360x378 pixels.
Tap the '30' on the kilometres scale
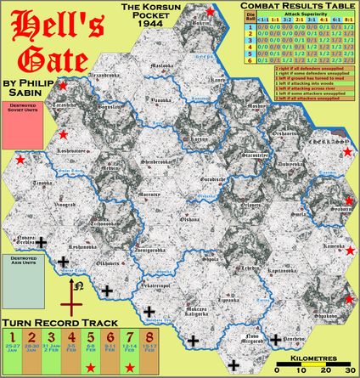[x=347, y=370]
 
